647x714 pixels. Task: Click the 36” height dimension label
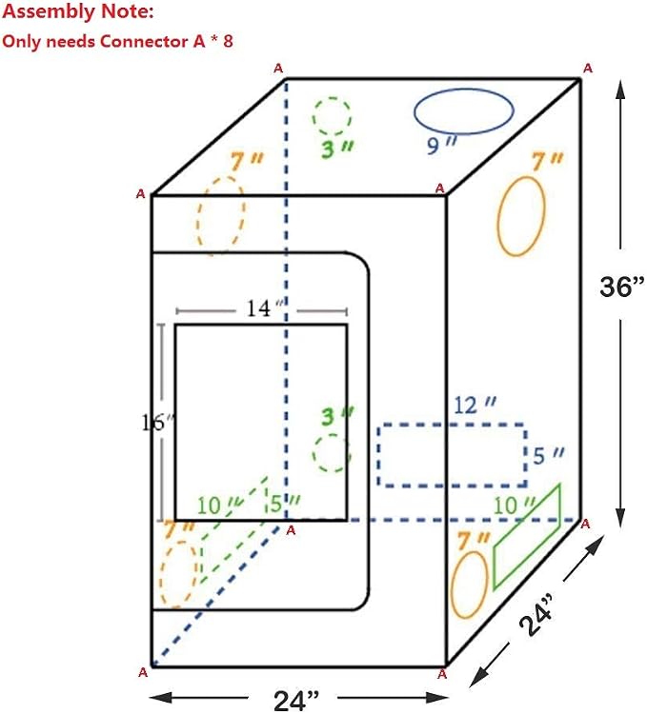point(622,286)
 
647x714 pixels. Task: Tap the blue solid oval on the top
point(464,89)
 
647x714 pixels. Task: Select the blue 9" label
point(441,145)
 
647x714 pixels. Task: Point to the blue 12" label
point(475,405)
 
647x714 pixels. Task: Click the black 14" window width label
point(265,308)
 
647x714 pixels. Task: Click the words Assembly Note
point(78,11)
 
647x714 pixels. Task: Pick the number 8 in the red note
point(228,42)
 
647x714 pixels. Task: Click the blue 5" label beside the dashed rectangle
point(548,455)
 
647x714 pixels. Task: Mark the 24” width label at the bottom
point(296,701)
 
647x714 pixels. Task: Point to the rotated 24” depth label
point(536,614)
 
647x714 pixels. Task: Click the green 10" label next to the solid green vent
point(514,506)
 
